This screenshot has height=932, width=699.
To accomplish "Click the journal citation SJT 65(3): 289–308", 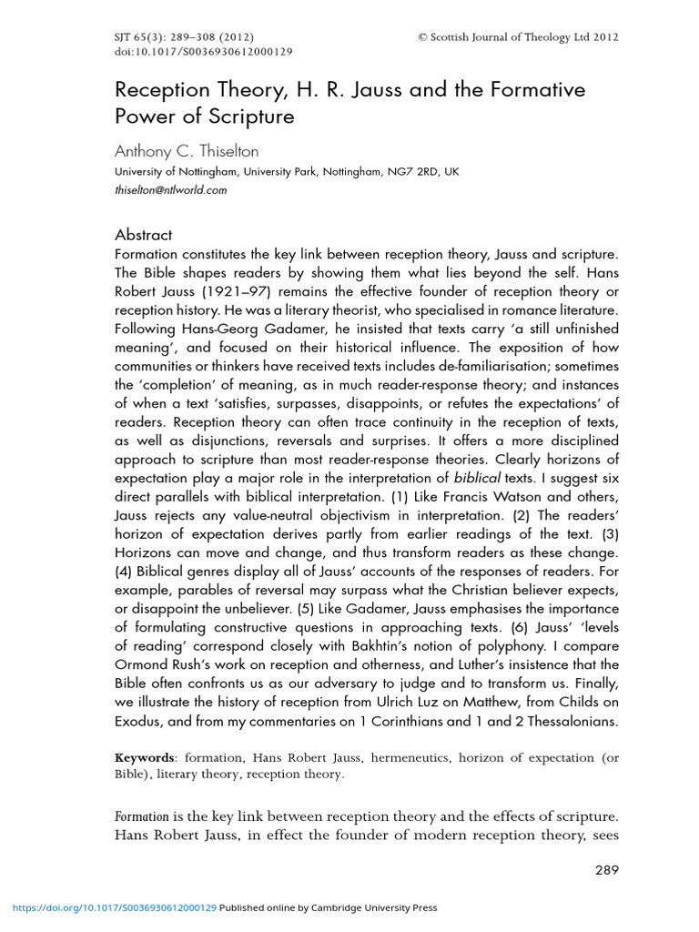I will [182, 37].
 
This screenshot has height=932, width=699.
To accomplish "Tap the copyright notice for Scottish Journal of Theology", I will [518, 37].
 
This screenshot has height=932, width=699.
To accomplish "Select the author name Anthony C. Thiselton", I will [187, 152].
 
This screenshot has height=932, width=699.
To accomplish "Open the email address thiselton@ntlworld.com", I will [170, 190].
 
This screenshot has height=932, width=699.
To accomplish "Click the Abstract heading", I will [143, 235].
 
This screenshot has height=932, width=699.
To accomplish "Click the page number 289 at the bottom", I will [606, 870].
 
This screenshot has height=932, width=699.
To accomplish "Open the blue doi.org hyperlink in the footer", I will [114, 907].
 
